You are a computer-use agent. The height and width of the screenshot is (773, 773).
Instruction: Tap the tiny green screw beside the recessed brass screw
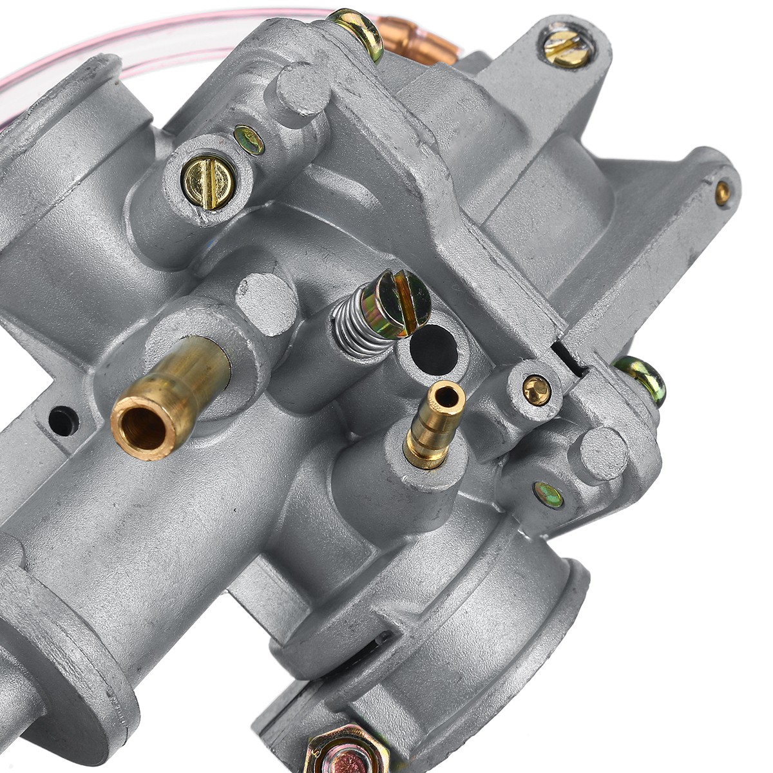pos(249,140)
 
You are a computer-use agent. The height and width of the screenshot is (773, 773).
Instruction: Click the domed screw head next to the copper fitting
pos(356,28)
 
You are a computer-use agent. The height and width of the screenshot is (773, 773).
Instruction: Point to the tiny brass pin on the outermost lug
pos(723,191)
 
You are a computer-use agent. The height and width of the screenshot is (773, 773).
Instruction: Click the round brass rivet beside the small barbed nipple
pos(537,390)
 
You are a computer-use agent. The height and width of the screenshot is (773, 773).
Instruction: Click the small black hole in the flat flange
pos(64,421)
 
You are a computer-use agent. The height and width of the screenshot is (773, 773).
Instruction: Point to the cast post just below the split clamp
pos(602,453)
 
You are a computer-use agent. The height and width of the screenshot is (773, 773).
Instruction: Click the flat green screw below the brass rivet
pos(549,495)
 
